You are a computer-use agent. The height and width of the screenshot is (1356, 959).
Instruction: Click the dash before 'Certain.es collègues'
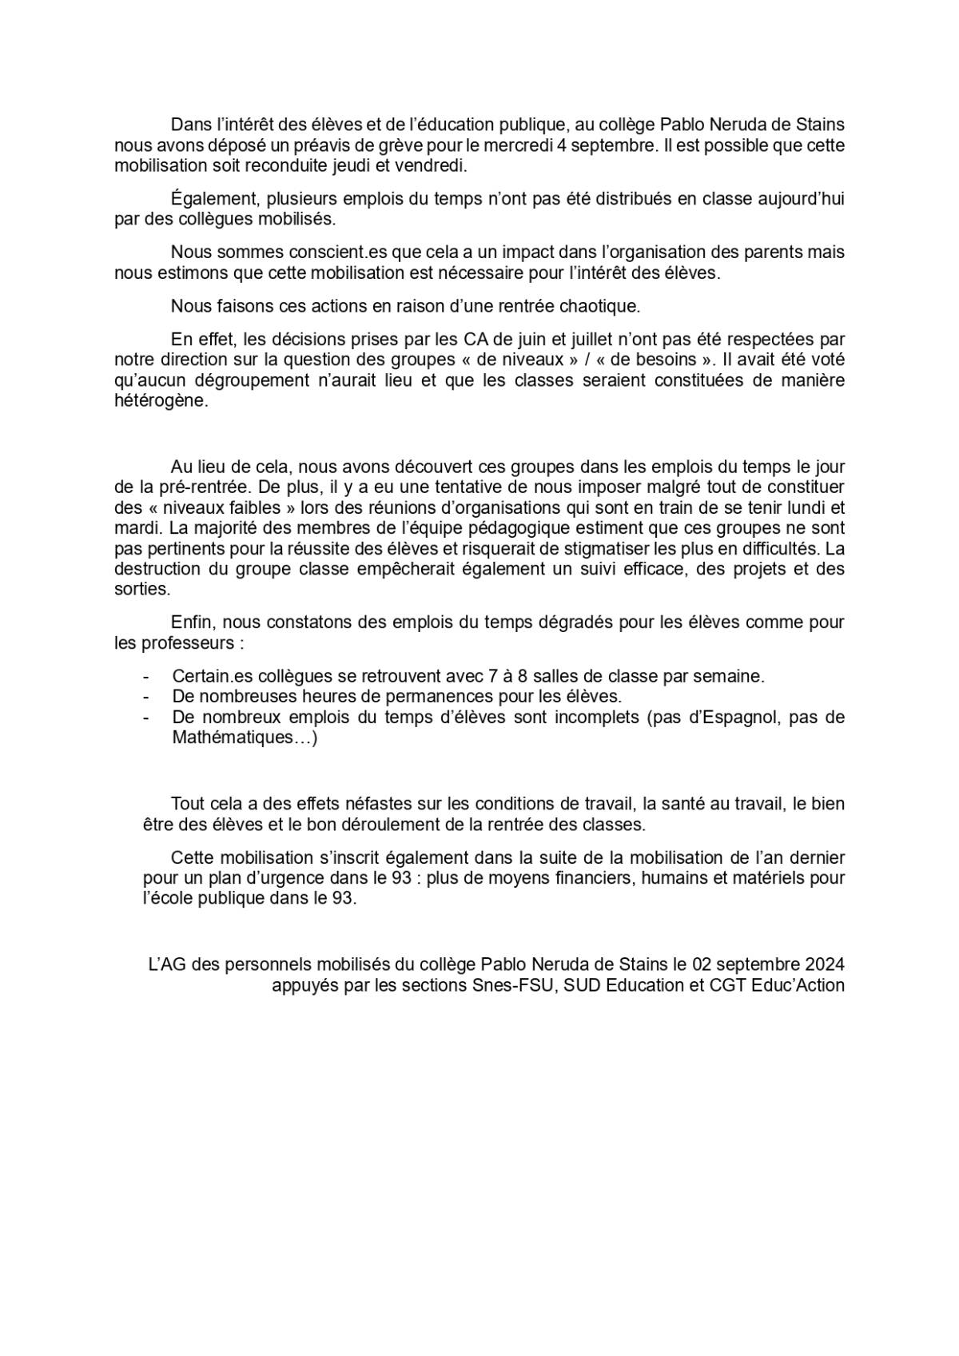146,676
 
